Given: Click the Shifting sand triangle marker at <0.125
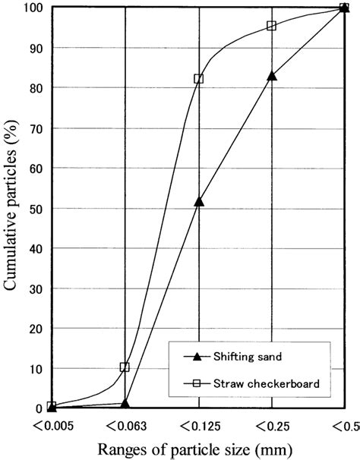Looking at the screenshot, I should point(198,201).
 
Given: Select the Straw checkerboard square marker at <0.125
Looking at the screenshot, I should point(198,79).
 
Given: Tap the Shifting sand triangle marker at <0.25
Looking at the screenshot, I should point(272,75).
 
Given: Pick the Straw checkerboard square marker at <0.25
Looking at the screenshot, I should point(272,26).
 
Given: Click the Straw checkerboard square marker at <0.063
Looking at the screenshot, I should point(125,367).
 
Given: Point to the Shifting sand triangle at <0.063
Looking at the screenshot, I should point(125,403).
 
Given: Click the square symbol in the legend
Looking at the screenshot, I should point(196,383).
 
